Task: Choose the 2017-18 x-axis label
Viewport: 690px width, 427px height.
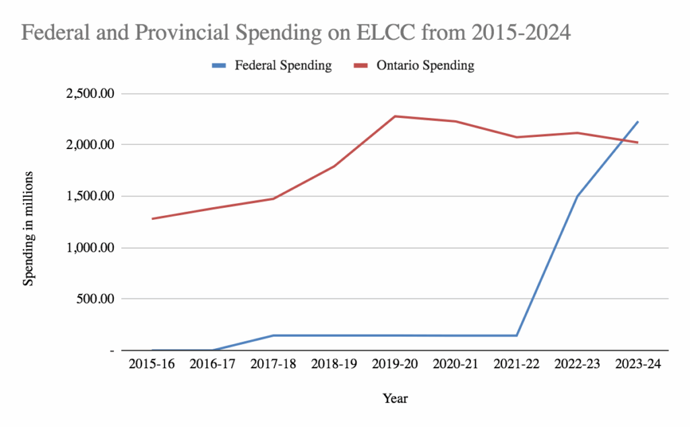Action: coord(274,364)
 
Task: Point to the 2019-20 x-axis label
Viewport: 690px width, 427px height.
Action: coord(395,364)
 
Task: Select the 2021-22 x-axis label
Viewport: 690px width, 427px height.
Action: coord(516,364)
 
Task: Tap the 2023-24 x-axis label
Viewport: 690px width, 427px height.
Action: coord(637,364)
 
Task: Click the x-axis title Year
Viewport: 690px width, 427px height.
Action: coord(395,398)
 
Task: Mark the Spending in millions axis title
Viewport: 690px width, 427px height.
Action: coord(28,227)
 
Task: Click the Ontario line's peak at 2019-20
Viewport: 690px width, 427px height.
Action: coord(395,116)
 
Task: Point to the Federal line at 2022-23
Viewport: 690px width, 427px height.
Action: coord(577,196)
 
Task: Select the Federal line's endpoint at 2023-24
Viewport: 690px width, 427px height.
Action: coord(637,122)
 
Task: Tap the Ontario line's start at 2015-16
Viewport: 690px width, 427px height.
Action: coord(153,219)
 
